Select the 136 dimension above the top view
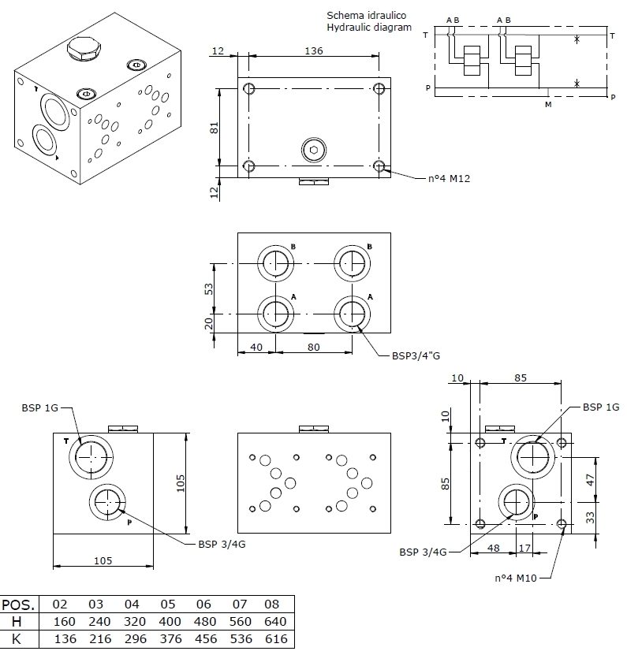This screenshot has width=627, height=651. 315,50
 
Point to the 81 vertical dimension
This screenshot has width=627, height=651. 214,127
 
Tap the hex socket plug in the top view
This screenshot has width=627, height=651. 314,150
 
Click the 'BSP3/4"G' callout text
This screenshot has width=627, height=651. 416,355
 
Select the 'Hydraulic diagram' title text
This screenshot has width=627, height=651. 369,28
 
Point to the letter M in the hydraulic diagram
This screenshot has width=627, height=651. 548,102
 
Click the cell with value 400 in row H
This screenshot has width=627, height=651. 167,621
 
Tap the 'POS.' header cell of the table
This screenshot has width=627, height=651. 20,604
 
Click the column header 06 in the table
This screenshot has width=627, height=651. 204,604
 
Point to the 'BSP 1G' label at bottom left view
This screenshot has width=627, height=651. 40,407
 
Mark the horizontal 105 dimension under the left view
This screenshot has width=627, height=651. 103,560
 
